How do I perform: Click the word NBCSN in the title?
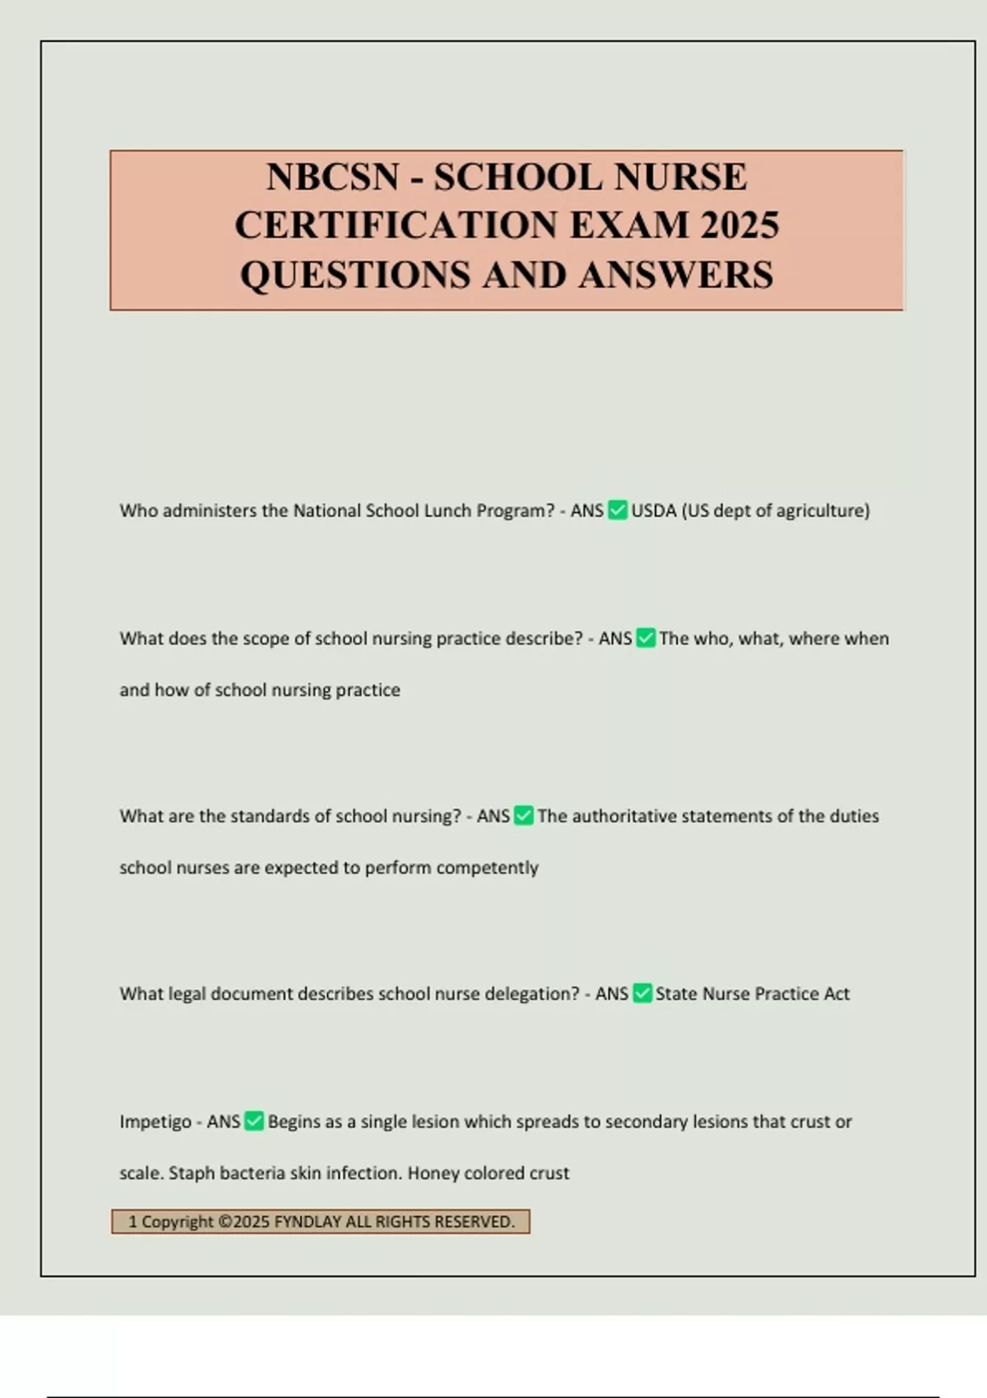(332, 178)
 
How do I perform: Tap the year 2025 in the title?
(739, 225)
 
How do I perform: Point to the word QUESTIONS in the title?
(354, 275)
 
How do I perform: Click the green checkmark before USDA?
(617, 511)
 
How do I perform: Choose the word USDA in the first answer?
(653, 511)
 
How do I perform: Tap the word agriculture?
(822, 511)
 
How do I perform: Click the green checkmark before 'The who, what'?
(646, 638)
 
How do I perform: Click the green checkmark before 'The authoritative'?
(523, 816)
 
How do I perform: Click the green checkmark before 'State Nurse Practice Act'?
(642, 993)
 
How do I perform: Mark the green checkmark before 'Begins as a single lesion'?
(254, 1122)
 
